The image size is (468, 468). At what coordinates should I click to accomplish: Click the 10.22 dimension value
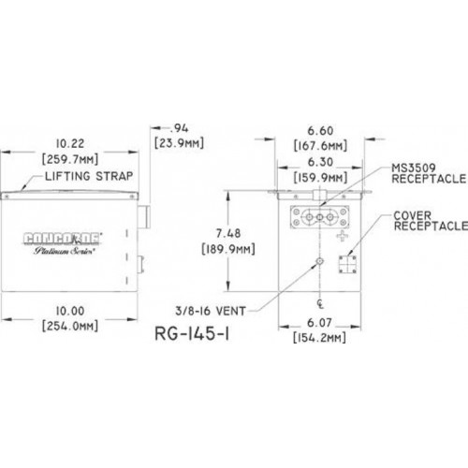[70, 144]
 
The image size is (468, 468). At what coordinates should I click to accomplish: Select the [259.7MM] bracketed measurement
[70, 159]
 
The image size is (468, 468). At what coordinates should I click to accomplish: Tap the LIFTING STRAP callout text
[89, 176]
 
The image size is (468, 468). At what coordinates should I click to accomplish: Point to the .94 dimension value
[179, 128]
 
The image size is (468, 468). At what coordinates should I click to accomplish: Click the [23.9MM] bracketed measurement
[179, 143]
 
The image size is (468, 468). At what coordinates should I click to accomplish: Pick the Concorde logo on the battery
[62, 239]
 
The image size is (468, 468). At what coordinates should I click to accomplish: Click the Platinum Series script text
[65, 251]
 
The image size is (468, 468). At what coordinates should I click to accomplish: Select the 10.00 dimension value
[70, 311]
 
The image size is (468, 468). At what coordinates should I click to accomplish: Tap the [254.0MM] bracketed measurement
[70, 326]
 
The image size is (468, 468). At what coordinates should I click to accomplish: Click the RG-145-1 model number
[192, 334]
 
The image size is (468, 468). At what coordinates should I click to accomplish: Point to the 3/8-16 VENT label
[211, 311]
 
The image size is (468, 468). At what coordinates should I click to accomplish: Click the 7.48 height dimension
[228, 233]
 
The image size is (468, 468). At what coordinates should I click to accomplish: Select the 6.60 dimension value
[320, 131]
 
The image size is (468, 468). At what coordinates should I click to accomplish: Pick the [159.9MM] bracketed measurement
[320, 178]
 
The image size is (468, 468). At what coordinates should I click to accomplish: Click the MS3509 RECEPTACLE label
[429, 173]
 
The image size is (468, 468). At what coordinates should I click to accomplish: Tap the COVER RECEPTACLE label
[431, 221]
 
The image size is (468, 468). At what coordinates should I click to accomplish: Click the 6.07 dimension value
[319, 323]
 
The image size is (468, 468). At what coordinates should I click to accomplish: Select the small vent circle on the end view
[320, 261]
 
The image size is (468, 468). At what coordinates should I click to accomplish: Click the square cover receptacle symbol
[347, 265]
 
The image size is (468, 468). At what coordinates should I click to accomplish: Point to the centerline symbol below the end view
[320, 304]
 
